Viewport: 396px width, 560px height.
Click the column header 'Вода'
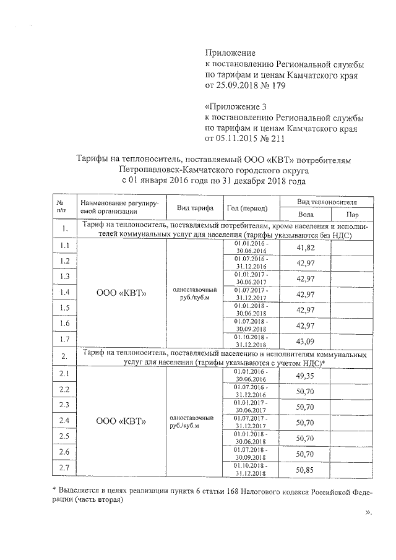[x=305, y=214]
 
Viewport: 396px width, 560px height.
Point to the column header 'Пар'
[x=353, y=214]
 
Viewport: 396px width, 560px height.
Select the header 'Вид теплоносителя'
[x=327, y=202]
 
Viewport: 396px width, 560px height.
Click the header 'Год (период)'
[x=247, y=208]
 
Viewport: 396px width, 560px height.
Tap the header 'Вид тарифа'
[x=194, y=207]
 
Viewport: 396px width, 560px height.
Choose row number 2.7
[x=64, y=468]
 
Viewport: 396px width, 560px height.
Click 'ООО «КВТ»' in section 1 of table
[x=121, y=293]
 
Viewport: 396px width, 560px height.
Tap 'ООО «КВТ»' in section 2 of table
[x=121, y=421]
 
